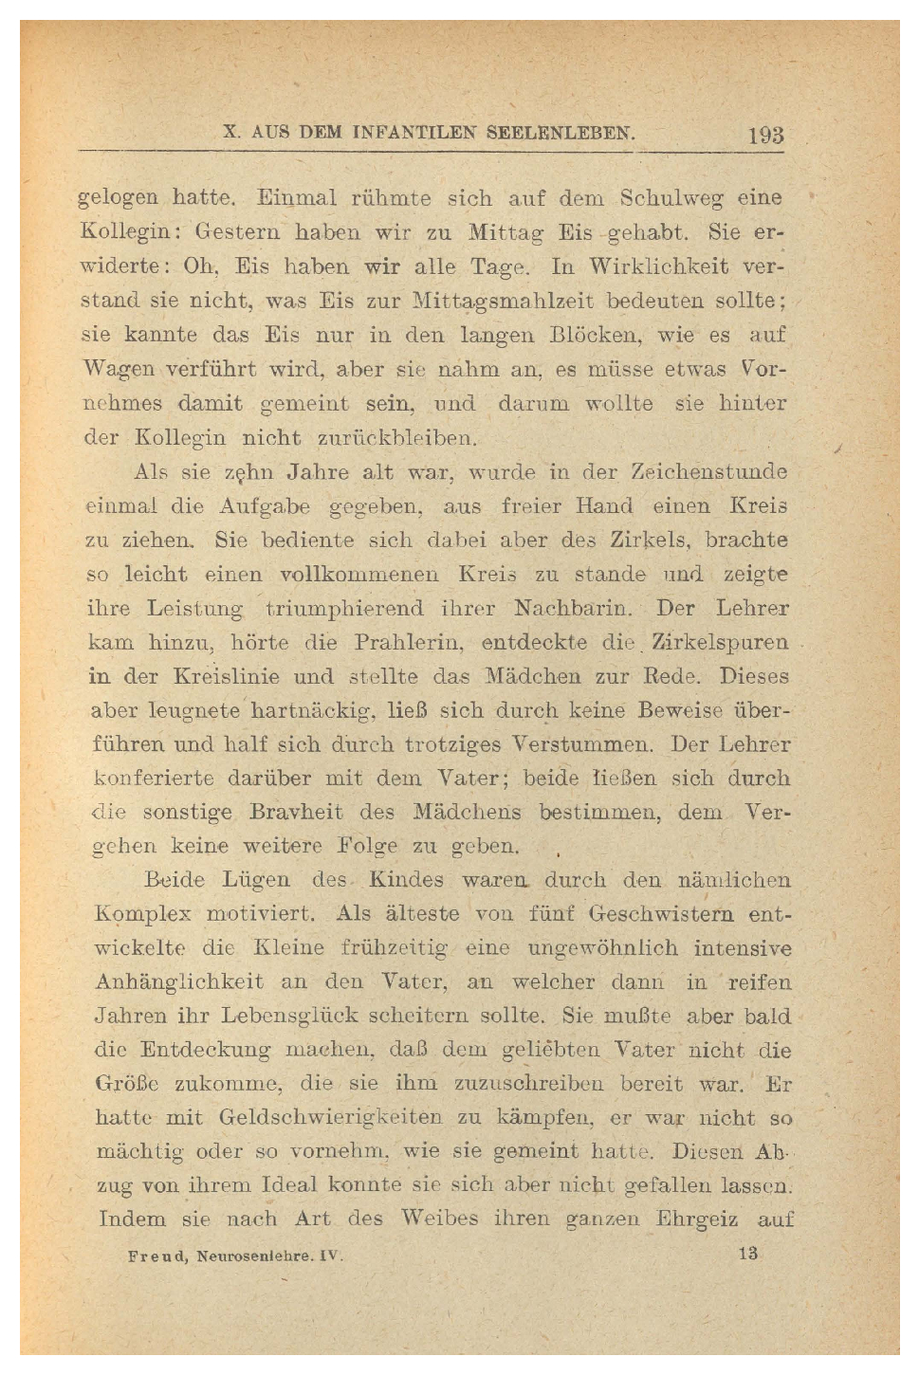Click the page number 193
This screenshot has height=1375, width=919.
tap(765, 135)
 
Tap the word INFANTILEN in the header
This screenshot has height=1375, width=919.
tap(414, 133)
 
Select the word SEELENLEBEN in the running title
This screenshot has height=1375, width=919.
tap(560, 133)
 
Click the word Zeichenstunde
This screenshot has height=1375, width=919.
tap(709, 471)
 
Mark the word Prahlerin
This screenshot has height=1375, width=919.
tap(409, 642)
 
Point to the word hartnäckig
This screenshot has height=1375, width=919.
tap(316, 710)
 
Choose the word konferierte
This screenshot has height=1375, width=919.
tap(154, 779)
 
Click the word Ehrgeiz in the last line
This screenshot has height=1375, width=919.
tap(696, 1219)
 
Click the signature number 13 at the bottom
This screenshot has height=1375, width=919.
tap(748, 1254)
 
